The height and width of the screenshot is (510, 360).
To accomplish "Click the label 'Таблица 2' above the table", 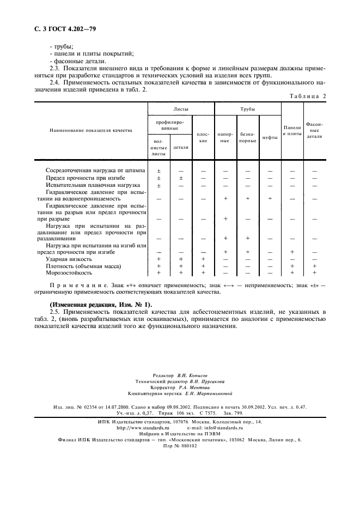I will tap(306, 96).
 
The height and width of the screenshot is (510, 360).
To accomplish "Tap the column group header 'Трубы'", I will tap(247, 110).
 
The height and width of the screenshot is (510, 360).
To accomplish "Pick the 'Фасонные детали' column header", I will tap(314, 130).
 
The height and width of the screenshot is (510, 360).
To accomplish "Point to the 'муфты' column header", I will tap(270, 137).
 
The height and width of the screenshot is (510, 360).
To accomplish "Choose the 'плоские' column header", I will tap(203, 137).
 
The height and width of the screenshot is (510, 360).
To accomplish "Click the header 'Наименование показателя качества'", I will tap(91, 131).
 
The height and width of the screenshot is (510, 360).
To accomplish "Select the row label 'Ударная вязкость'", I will tap(69, 259).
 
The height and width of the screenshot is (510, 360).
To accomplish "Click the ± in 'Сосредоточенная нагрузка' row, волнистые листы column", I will tap(158, 171).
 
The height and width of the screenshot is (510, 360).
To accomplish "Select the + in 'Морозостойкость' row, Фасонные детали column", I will tap(314, 272).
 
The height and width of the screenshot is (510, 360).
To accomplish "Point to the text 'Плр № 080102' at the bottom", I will tap(180, 445).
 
